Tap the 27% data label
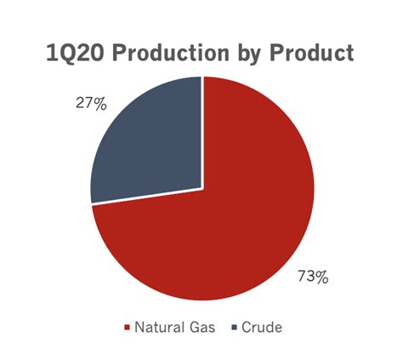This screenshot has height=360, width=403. (91, 104)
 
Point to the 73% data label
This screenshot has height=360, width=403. (313, 277)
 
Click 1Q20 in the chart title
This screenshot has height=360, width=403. (75, 53)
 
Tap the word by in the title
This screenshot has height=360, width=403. (249, 54)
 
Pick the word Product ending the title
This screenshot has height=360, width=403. (312, 53)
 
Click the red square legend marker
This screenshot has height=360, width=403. (127, 328)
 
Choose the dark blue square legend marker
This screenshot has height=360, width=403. (234, 328)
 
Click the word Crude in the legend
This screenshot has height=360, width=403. (262, 327)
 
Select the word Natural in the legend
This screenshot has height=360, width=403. (159, 327)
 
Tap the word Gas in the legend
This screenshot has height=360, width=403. (201, 327)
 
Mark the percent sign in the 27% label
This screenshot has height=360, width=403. (100, 104)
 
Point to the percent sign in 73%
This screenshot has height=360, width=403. (322, 277)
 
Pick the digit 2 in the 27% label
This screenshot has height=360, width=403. (80, 104)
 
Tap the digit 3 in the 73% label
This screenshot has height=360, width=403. (310, 277)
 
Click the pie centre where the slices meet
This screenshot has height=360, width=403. (202, 188)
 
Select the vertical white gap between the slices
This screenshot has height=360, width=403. (202, 133)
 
